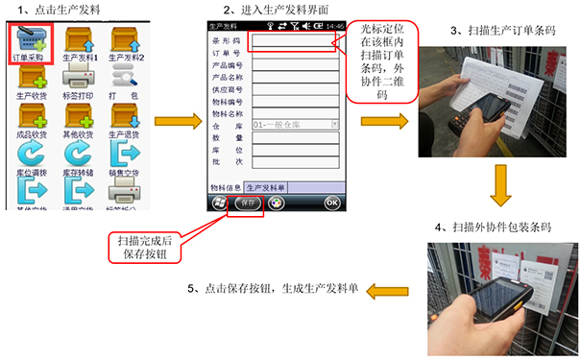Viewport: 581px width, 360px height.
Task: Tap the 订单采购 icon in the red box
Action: click(30, 40)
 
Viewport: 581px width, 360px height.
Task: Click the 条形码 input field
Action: click(293, 41)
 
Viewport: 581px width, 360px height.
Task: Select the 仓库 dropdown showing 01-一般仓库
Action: click(293, 124)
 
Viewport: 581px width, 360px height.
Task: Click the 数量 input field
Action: click(293, 137)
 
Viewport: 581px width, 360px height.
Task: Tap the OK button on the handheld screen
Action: click(331, 204)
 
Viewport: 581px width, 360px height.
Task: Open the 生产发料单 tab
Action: click(269, 187)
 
